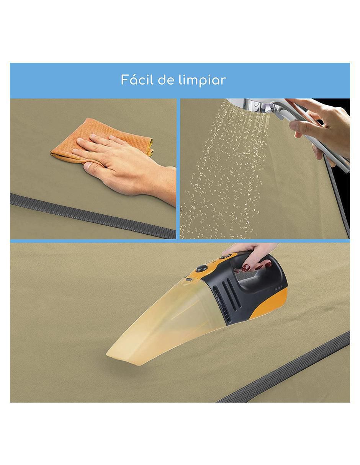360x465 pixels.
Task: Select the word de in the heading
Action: click(166, 80)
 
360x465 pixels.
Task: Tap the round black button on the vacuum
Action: click(201, 268)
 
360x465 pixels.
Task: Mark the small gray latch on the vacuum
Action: click(189, 279)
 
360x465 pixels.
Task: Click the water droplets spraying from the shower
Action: click(225, 171)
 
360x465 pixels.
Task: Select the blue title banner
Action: click(180, 80)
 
